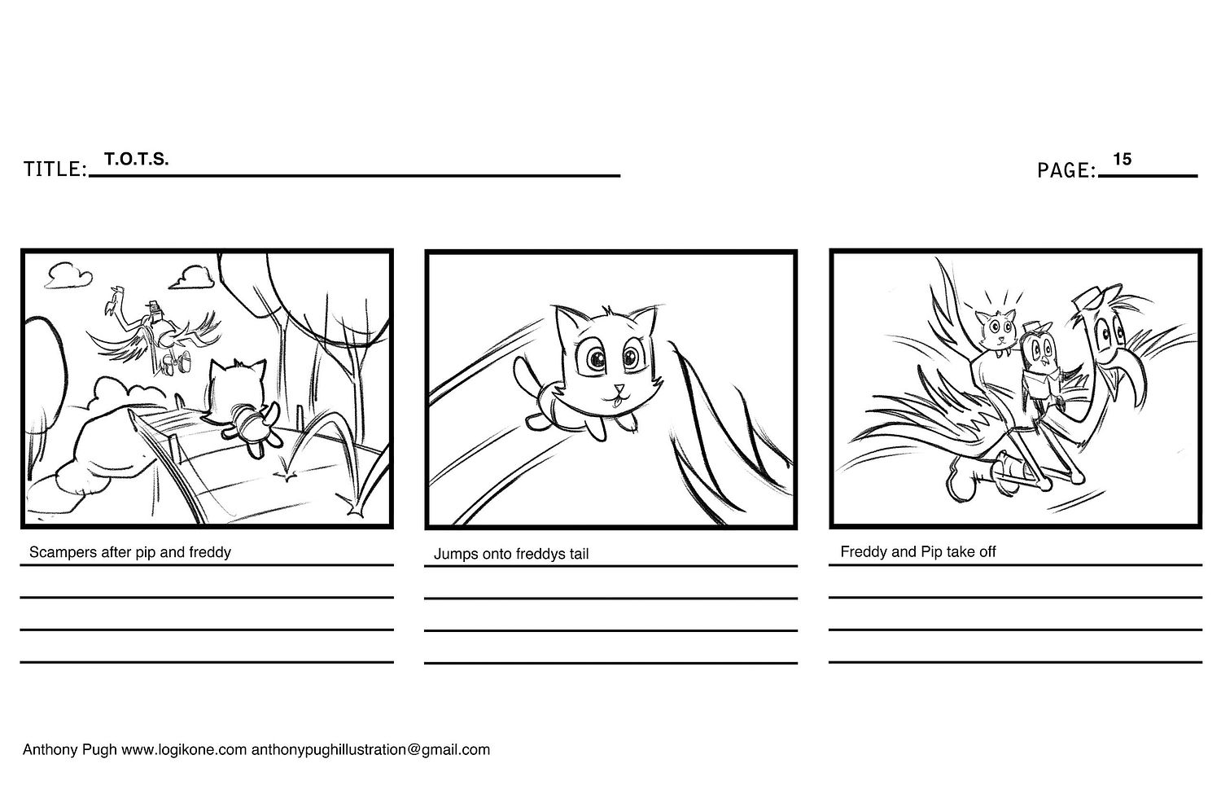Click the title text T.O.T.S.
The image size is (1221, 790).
136,159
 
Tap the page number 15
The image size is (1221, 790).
1123,159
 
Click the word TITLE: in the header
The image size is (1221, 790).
55,169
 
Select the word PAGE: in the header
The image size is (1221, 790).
1066,171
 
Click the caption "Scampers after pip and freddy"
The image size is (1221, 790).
129,552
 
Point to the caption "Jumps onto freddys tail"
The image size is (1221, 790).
510,554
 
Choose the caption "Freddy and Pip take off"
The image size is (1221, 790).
918,551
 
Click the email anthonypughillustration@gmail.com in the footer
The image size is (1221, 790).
370,749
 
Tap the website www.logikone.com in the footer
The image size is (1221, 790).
184,749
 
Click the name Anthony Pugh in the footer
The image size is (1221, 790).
69,749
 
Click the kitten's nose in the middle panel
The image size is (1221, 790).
619,388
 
